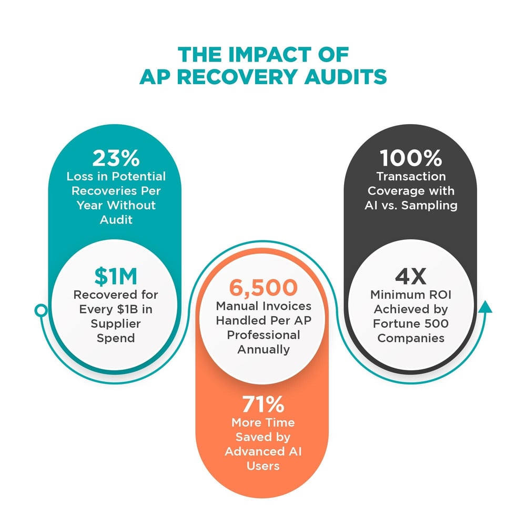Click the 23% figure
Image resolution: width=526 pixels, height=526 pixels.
click(116, 158)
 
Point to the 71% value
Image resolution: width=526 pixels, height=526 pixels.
click(263, 406)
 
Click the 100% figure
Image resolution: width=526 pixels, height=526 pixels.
click(410, 158)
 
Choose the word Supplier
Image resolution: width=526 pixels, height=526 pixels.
click(116, 323)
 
